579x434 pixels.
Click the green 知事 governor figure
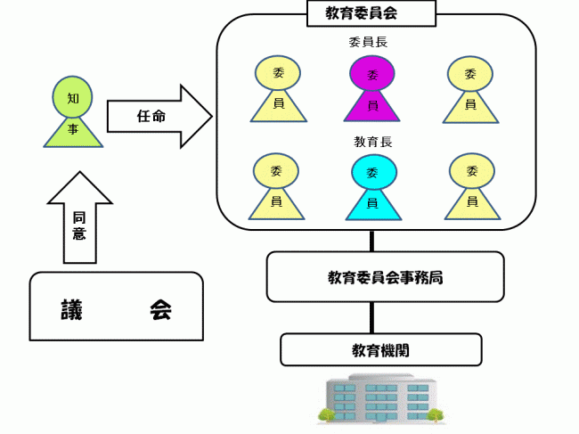pyautogui.click(x=73, y=111)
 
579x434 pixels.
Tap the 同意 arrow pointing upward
pyautogui.click(x=79, y=218)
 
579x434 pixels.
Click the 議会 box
pyautogui.click(x=116, y=307)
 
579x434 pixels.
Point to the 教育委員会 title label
pyautogui.click(x=371, y=12)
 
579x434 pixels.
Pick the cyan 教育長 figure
pyautogui.click(x=372, y=187)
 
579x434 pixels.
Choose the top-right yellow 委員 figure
pyautogui.click(x=469, y=88)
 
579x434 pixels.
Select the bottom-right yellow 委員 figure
pyautogui.click(x=469, y=186)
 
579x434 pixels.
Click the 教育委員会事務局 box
pyautogui.click(x=385, y=276)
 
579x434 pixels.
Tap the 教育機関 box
pyautogui.click(x=380, y=349)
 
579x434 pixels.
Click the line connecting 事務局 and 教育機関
pyautogui.click(x=372, y=317)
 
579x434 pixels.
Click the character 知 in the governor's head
pyautogui.click(x=73, y=92)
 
